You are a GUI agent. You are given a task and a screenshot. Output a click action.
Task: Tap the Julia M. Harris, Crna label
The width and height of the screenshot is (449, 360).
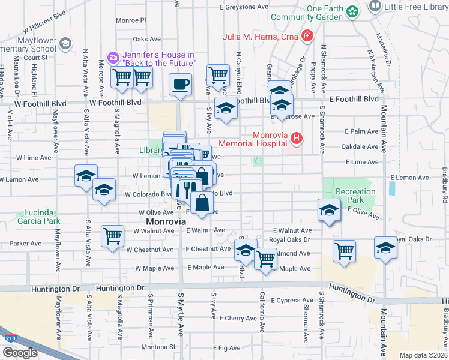261,36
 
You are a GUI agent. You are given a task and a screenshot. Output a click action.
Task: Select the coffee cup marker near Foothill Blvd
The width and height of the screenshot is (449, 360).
179,85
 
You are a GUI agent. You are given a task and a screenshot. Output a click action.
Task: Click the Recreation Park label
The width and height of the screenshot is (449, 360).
355,196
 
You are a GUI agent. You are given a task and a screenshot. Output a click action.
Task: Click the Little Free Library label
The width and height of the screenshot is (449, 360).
415,7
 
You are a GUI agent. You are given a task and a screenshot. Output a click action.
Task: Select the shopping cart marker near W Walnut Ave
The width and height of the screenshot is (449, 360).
112,236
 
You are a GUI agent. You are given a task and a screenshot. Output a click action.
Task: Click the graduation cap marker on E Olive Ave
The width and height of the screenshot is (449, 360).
328,211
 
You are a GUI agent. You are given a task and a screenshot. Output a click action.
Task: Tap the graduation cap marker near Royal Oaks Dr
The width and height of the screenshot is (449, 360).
385,247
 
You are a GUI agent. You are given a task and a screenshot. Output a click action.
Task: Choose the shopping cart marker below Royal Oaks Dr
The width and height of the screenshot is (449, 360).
345,250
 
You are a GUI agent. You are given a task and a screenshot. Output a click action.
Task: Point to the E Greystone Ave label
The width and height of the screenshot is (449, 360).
243,8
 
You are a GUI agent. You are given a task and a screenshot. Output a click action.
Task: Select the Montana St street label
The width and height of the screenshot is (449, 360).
158,346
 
